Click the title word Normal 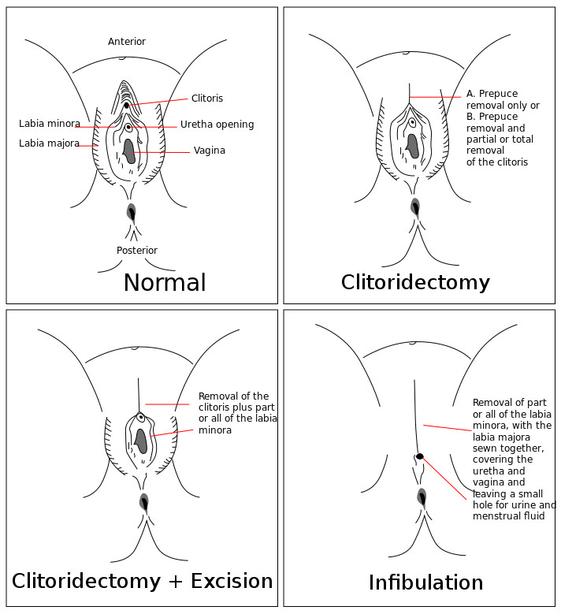[x=165, y=283]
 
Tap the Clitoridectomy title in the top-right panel [x=415, y=282]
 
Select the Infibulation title [x=425, y=582]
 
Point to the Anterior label [x=127, y=42]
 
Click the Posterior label [x=137, y=251]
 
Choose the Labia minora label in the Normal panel [x=50, y=124]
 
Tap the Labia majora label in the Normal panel [x=49, y=143]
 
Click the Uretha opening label [x=217, y=125]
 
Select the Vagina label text [x=210, y=151]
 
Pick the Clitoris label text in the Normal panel [x=207, y=99]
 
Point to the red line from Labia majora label [x=88, y=145]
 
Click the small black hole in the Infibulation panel [x=420, y=456]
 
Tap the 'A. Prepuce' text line [x=492, y=95]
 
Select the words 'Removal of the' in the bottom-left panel [x=233, y=396]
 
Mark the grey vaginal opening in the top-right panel [x=412, y=145]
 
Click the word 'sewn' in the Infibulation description [x=485, y=448]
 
